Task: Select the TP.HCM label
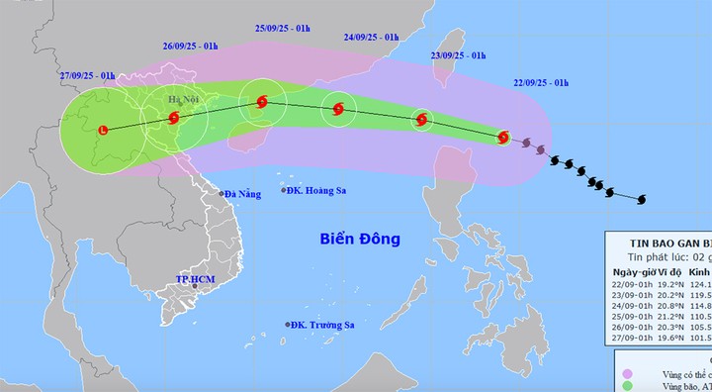pyautogui.click(x=195, y=280)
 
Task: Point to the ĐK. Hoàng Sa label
pyautogui.click(x=314, y=191)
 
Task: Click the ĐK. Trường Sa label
pyautogui.click(x=319, y=325)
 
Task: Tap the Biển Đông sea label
pyautogui.click(x=359, y=239)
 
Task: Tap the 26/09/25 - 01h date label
pyautogui.click(x=191, y=45)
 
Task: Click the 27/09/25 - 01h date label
pyautogui.click(x=87, y=75)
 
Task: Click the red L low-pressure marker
pyautogui.click(x=105, y=128)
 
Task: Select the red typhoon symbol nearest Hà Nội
pyautogui.click(x=174, y=118)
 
